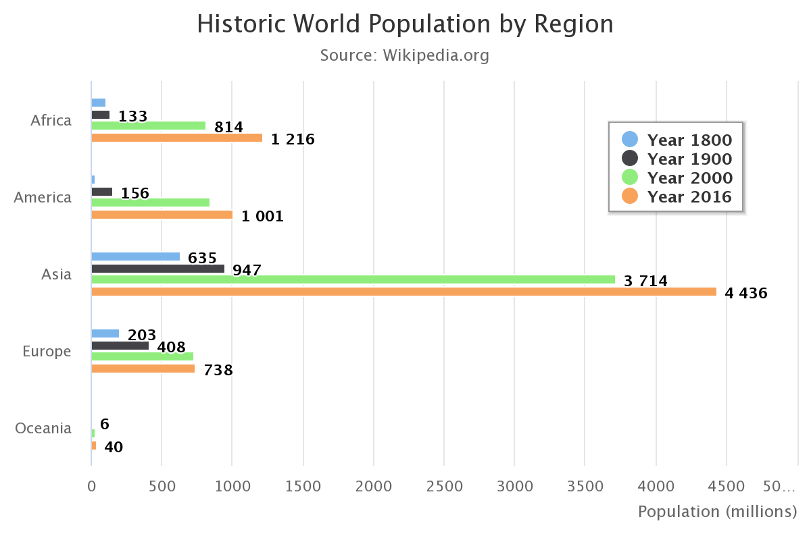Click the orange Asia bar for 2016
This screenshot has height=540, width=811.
coord(403,292)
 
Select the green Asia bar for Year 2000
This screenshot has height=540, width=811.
coord(353,279)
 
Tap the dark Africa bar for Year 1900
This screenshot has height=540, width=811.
coord(101,115)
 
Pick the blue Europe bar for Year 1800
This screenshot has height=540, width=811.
coord(105,333)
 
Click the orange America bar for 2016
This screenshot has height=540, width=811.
coord(162,215)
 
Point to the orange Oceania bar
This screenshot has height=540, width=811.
coord(94,446)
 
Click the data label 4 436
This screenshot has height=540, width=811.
coord(746,294)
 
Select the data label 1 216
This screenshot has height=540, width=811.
coord(293,140)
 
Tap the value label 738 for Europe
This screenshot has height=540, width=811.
coord(218,371)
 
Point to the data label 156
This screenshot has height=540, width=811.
coord(135,194)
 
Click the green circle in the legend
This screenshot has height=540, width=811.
coord(630,178)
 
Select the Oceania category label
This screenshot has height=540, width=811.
coord(43,429)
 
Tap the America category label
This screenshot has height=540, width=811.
coord(43,198)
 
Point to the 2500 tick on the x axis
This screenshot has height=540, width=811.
coord(444,486)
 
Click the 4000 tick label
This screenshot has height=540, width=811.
coord(656,486)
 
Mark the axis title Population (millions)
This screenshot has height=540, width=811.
coord(717,512)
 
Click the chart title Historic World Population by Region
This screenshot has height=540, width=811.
coord(405,24)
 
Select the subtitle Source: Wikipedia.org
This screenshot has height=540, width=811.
coord(405,55)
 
